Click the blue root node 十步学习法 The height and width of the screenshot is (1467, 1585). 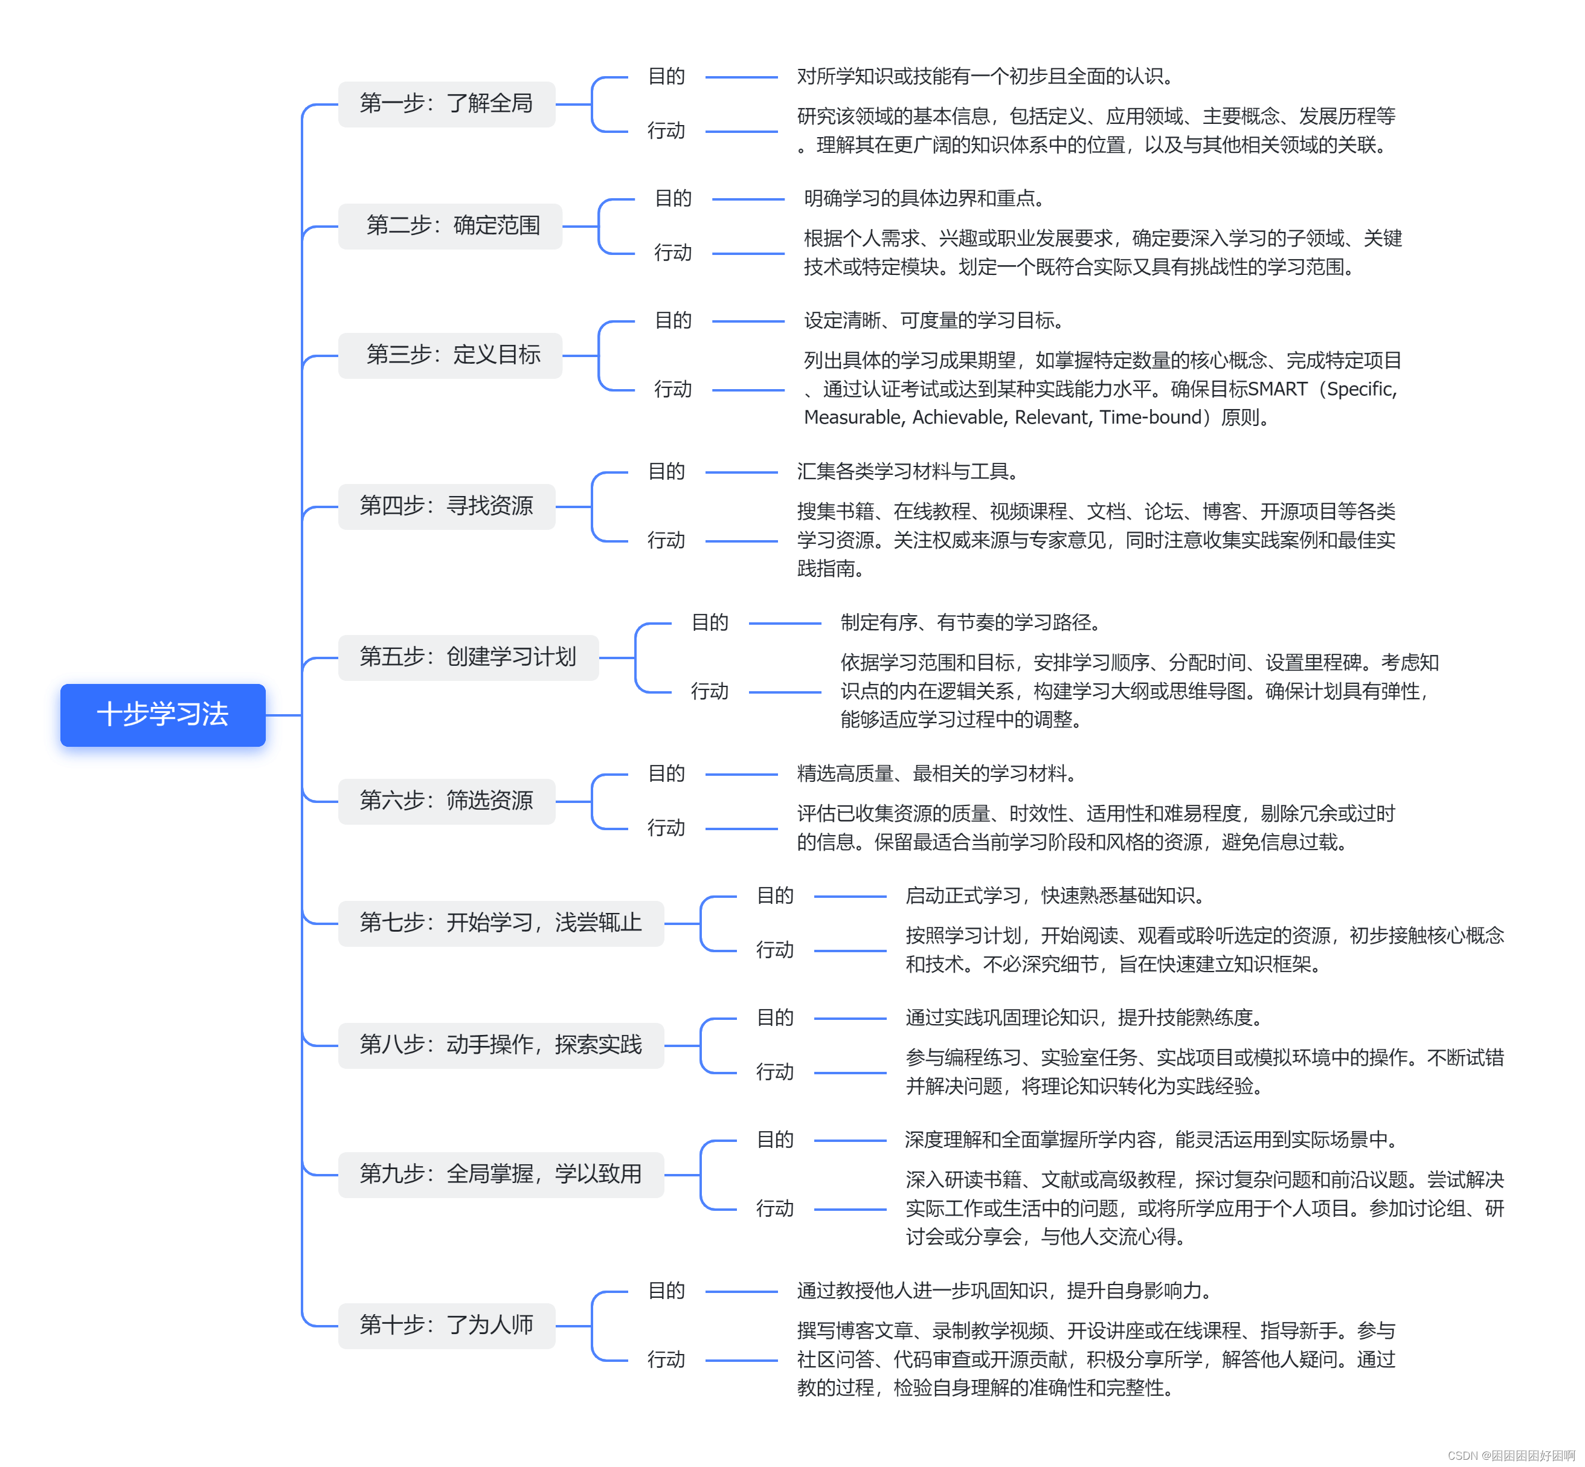point(162,714)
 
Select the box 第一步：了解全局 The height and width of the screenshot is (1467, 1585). point(446,104)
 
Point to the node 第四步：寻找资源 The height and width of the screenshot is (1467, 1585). point(446,506)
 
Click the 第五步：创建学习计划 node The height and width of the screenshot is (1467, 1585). point(468,657)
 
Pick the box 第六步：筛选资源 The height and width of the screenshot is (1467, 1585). point(446,801)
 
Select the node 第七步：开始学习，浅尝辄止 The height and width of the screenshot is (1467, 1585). point(500,923)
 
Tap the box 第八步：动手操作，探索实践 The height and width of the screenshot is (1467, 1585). point(500,1045)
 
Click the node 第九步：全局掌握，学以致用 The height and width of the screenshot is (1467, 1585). point(500,1174)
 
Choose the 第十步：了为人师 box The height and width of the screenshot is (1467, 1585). point(446,1325)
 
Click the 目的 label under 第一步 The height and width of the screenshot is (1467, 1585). point(666,76)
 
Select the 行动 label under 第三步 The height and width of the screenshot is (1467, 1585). point(672,389)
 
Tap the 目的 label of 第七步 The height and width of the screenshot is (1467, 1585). point(774,895)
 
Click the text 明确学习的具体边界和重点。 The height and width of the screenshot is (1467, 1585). point(925,198)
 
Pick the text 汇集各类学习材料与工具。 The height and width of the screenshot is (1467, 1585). point(908,471)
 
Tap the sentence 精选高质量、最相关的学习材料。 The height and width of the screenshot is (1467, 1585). point(936,773)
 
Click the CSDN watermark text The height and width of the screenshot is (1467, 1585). point(1510,1455)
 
